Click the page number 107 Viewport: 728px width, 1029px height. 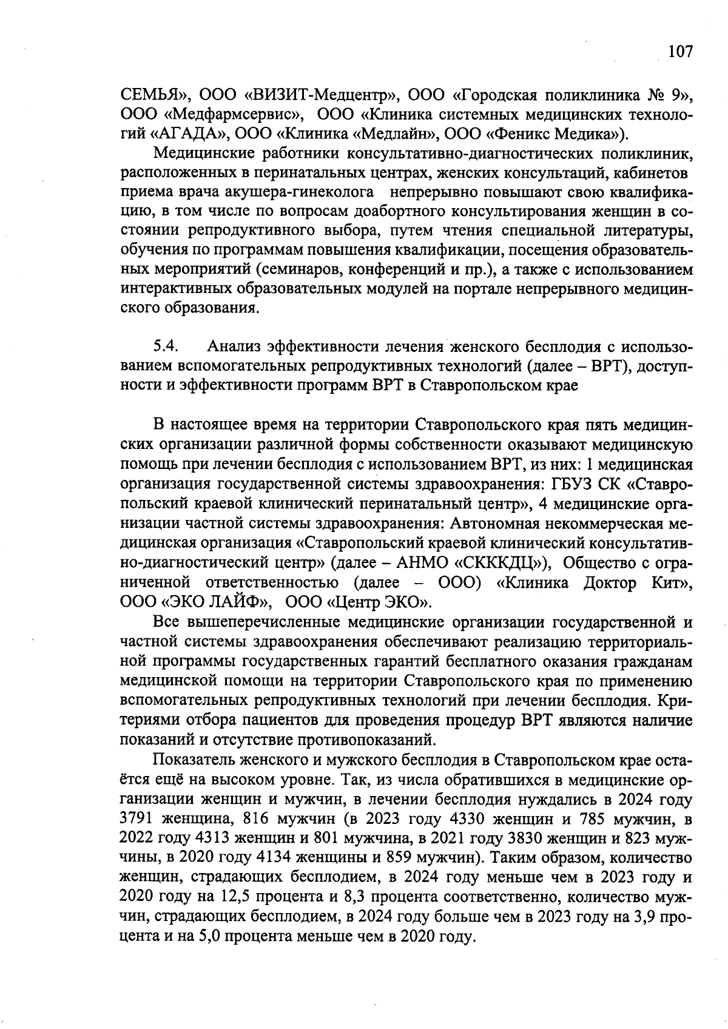(679, 52)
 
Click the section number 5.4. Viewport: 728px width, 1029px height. (164, 346)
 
